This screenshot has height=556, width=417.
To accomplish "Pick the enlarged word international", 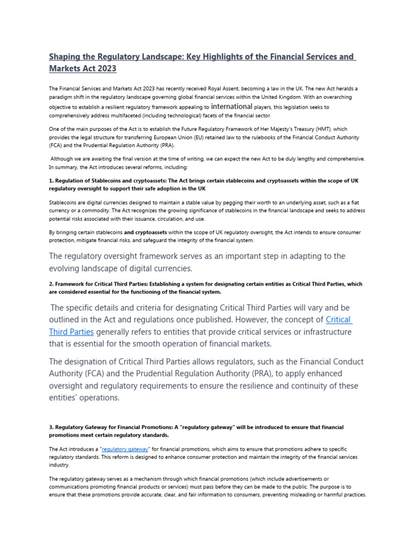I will pyautogui.click(x=231, y=106).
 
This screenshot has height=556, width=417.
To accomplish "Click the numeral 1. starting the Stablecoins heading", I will pyautogui.click(x=52, y=180).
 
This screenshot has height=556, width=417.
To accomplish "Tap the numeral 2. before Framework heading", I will pyautogui.click(x=52, y=284).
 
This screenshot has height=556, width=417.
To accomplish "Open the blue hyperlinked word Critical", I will pyautogui.click(x=338, y=320).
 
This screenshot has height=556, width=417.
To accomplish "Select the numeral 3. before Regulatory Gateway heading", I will pyautogui.click(x=52, y=427).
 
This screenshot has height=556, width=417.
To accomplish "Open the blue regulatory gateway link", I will pyautogui.click(x=125, y=449).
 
